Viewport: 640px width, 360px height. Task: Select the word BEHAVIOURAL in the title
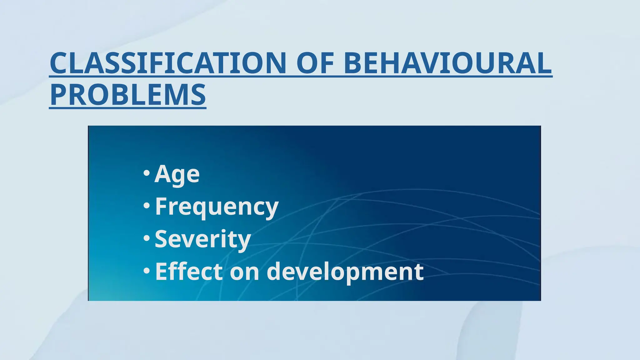pos(447,63)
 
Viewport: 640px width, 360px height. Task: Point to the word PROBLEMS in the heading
pos(128,95)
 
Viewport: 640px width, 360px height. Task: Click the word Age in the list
pos(177,174)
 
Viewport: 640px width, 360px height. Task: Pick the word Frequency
pos(217,207)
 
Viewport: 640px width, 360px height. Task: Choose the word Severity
pos(203,239)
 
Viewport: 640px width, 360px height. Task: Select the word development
pos(345,272)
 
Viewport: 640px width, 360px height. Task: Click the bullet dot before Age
pos(146,173)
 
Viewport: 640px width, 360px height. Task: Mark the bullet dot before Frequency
pos(146,206)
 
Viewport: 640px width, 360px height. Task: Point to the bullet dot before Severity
pos(146,238)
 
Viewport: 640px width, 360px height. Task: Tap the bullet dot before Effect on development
pos(146,271)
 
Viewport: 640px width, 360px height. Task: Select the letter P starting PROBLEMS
pos(59,95)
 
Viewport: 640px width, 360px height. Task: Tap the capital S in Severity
pos(162,239)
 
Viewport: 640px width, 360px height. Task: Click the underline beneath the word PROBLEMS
pos(128,108)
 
